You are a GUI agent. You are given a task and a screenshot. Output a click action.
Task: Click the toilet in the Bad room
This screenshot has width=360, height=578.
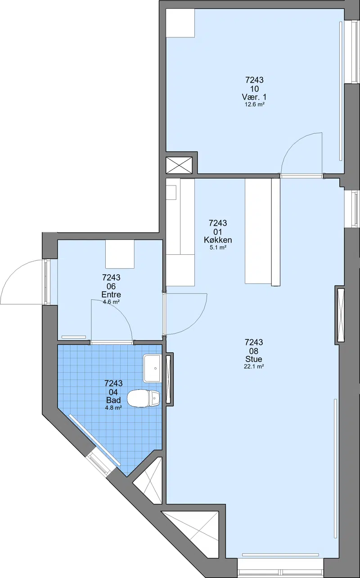tap(144, 398)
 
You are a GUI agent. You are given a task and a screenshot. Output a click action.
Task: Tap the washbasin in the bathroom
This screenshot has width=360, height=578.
tap(152, 368)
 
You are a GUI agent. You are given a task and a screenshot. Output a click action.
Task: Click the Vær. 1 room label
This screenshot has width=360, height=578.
tap(254, 97)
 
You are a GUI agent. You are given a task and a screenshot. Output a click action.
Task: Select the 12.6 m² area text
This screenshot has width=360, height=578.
tap(254, 104)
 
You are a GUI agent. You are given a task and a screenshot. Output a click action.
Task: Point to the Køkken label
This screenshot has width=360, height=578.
tap(218, 240)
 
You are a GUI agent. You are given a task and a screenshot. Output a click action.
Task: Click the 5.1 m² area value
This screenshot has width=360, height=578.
tap(218, 248)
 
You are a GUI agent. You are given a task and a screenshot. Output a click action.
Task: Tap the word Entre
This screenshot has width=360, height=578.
tap(111, 294)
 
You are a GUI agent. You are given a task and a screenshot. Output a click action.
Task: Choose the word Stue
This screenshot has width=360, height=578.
tap(254, 359)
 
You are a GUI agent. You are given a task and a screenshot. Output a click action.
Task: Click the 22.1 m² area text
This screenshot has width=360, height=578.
tap(254, 366)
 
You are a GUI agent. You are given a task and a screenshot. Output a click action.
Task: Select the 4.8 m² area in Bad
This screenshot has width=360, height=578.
tap(113, 408)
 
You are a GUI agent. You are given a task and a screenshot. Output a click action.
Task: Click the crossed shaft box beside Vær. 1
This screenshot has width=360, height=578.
tap(179, 165)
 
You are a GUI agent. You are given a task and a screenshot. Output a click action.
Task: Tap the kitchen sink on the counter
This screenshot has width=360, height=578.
tap(171, 193)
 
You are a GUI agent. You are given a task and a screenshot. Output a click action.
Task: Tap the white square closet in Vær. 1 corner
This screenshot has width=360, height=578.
tap(180, 23)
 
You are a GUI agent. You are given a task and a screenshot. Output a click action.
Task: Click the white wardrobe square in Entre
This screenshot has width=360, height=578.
tap(120, 254)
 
